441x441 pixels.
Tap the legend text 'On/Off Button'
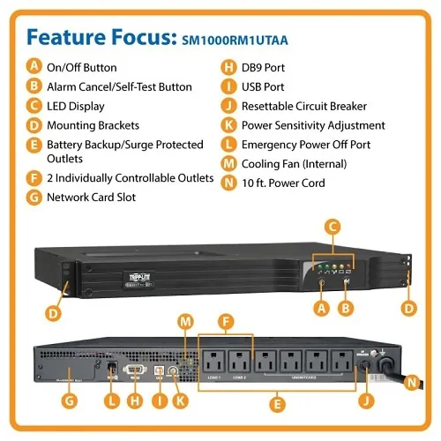click(x=81, y=67)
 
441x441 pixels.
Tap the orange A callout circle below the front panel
click(x=322, y=308)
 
